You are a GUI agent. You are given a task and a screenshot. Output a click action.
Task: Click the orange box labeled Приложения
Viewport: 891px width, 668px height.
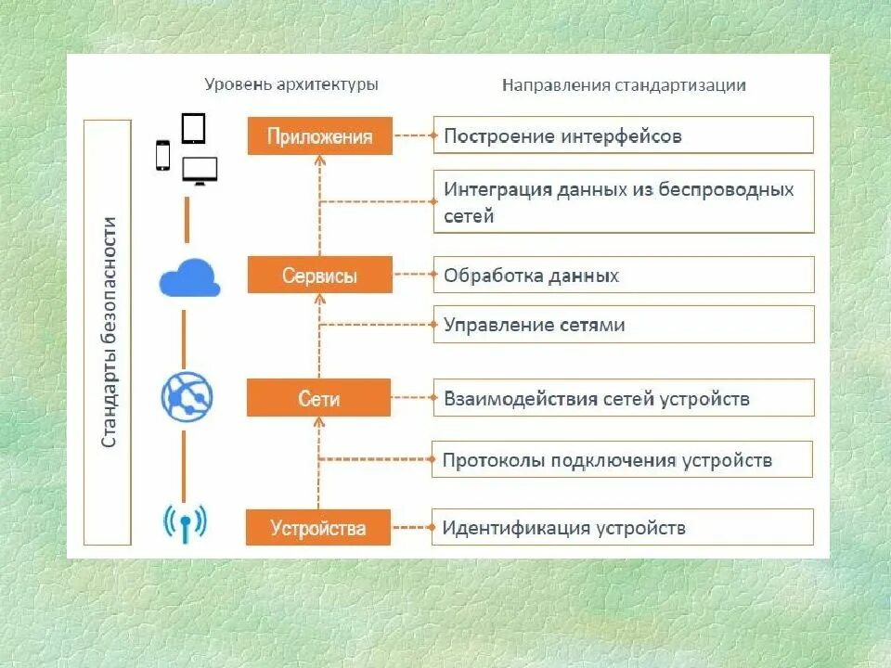click(x=320, y=135)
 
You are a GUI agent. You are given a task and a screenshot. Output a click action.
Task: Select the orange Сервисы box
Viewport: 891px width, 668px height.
click(x=320, y=276)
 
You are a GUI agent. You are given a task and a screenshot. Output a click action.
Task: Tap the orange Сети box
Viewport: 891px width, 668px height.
click(x=319, y=399)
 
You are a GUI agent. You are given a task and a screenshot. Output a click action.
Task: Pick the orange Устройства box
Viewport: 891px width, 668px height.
click(x=318, y=528)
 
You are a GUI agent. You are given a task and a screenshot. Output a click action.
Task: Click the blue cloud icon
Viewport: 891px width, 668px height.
click(x=189, y=277)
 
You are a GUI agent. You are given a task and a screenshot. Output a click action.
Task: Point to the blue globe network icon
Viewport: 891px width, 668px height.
click(x=187, y=396)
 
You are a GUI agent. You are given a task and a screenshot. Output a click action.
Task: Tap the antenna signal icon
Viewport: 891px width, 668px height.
click(x=186, y=523)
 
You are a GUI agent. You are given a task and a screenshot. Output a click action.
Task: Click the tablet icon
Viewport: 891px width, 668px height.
click(x=193, y=128)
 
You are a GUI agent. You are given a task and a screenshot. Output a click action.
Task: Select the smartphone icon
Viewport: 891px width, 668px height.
click(x=163, y=155)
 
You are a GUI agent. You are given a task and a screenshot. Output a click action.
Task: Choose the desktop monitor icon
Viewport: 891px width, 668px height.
click(x=200, y=171)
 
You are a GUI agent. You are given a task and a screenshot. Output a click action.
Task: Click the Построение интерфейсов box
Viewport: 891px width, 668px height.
click(x=623, y=135)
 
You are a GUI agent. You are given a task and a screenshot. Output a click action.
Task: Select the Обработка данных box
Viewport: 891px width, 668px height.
click(x=623, y=276)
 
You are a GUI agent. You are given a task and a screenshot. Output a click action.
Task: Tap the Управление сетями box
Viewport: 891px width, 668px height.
click(x=623, y=325)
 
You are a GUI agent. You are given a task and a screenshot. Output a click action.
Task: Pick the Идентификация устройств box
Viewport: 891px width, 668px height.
click(x=623, y=528)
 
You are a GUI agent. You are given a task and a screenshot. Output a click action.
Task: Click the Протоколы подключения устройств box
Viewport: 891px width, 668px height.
click(x=623, y=460)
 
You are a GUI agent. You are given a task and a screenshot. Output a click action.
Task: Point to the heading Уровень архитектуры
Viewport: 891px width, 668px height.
click(x=291, y=84)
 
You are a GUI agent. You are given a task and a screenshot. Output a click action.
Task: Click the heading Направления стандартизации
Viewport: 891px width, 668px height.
click(x=624, y=85)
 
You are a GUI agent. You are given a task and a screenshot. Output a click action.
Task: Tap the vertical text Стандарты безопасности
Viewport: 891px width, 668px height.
click(x=109, y=331)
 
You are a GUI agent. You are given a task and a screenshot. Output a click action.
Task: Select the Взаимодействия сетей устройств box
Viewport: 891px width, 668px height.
click(x=623, y=399)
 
